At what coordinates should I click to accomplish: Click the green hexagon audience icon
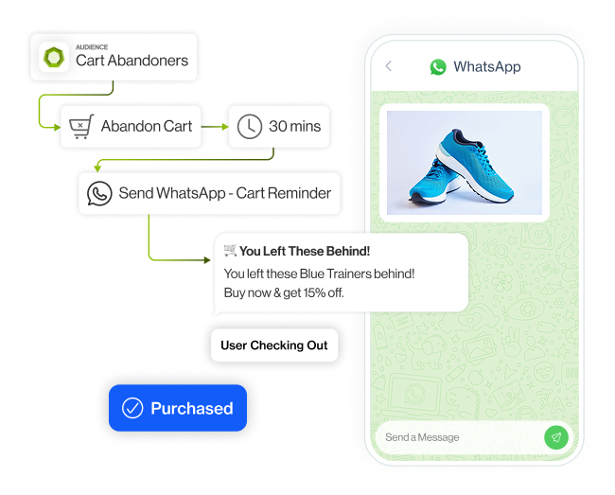(x=53, y=58)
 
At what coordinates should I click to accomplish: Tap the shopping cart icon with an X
(x=79, y=126)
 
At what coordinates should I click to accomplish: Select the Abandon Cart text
(x=147, y=126)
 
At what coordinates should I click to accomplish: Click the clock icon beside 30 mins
(x=249, y=126)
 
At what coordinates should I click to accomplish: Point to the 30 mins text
(x=294, y=126)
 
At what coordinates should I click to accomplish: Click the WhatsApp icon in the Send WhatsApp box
(x=99, y=193)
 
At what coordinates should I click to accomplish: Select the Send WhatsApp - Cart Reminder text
(x=225, y=193)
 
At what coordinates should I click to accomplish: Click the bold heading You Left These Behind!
(x=304, y=251)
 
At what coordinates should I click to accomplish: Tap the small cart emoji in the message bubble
(x=230, y=251)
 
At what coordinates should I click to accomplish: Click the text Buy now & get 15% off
(x=284, y=292)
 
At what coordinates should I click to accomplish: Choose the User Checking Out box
(x=274, y=345)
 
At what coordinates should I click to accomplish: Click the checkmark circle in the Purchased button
(x=134, y=409)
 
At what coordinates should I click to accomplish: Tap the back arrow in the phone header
(x=389, y=67)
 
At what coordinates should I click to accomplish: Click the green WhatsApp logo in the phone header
(x=437, y=67)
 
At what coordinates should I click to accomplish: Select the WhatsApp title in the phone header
(x=486, y=67)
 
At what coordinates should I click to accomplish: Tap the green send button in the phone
(x=555, y=437)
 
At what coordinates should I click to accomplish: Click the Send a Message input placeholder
(x=422, y=437)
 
